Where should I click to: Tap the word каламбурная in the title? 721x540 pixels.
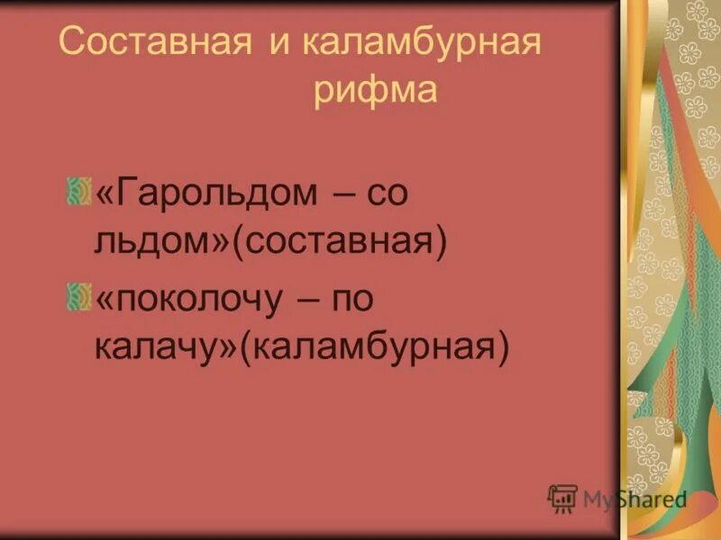click(x=421, y=45)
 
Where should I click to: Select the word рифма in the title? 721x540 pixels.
click(x=376, y=92)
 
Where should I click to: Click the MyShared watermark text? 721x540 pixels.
click(x=634, y=498)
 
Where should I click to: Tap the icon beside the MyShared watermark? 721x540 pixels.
click(x=562, y=498)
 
